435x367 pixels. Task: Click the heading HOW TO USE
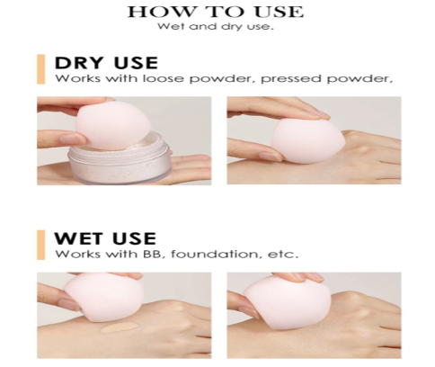(216, 12)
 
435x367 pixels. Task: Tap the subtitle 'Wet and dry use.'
(216, 27)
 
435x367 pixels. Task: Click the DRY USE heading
(106, 63)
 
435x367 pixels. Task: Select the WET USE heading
(105, 238)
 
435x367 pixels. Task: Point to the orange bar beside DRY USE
(40, 69)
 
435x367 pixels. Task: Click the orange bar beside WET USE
(40, 245)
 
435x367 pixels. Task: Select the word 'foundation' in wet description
(215, 255)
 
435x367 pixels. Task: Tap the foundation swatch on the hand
(117, 328)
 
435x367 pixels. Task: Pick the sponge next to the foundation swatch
(103, 297)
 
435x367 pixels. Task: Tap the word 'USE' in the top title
(279, 12)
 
